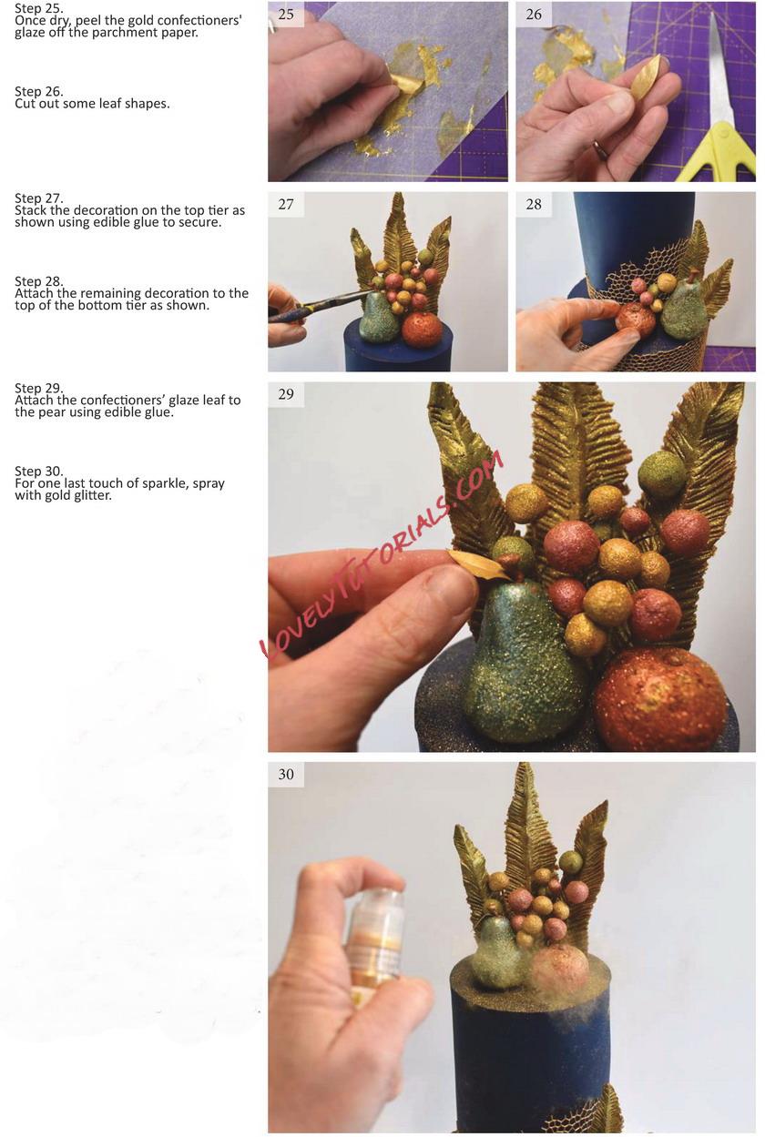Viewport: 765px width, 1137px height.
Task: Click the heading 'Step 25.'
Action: [39, 8]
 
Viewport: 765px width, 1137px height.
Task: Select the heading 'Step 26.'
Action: [39, 92]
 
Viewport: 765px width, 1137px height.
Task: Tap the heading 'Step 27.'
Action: [39, 198]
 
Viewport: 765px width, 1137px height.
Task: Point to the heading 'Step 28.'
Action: [39, 281]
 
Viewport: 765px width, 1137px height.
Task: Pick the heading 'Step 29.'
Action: [39, 389]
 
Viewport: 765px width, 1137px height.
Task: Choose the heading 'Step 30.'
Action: [39, 472]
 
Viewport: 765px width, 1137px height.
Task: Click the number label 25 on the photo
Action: [286, 15]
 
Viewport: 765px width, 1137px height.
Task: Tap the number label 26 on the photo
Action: [534, 15]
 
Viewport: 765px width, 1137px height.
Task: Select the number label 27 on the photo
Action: [286, 204]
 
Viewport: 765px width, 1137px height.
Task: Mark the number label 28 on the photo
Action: [534, 204]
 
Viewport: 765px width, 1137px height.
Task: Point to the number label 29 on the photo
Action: [286, 394]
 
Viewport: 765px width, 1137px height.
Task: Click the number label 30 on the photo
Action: [286, 774]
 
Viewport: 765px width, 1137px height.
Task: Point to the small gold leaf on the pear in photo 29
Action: [478, 563]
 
